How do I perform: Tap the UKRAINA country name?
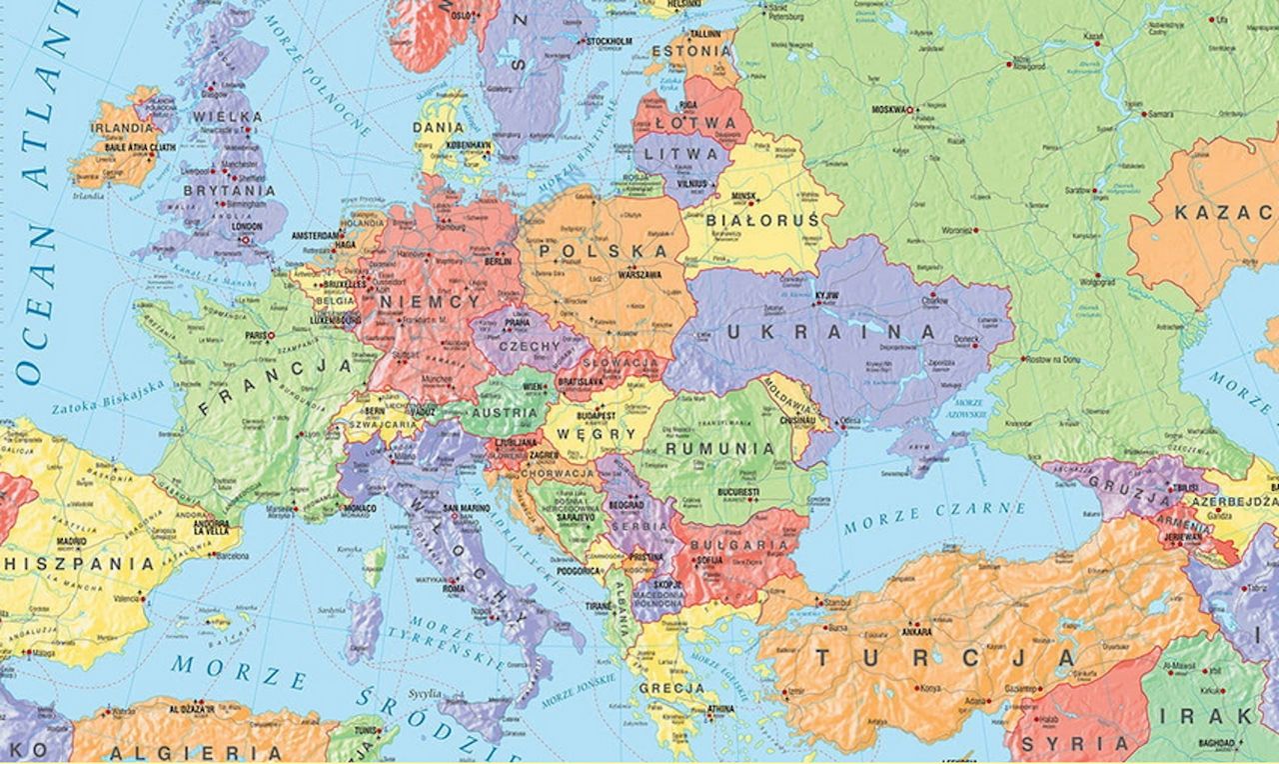(x=831, y=331)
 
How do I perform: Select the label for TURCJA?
(x=944, y=657)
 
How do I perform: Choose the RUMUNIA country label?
(x=719, y=448)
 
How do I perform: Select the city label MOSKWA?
(x=892, y=110)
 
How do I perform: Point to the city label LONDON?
(x=246, y=226)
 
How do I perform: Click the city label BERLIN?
(x=497, y=261)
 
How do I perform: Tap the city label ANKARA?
(x=916, y=633)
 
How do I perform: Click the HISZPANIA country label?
(x=78, y=564)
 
